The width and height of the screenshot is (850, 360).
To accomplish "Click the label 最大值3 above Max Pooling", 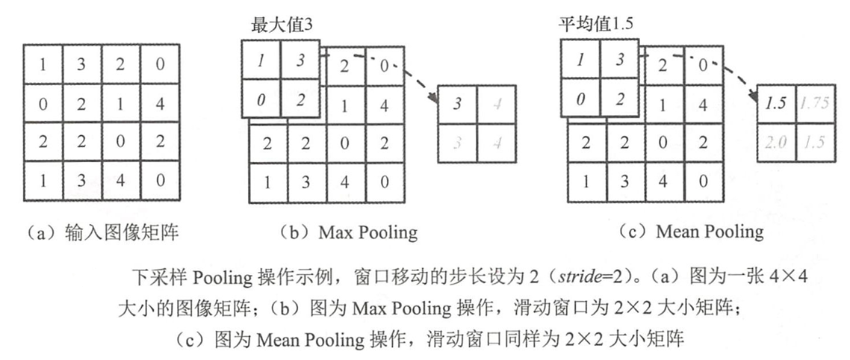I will click(x=281, y=24).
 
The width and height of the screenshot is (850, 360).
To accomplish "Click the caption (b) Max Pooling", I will click(x=347, y=232).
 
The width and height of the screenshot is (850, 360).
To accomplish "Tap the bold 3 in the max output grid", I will click(x=456, y=102).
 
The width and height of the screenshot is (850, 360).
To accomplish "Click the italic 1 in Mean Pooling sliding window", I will click(x=580, y=60).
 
